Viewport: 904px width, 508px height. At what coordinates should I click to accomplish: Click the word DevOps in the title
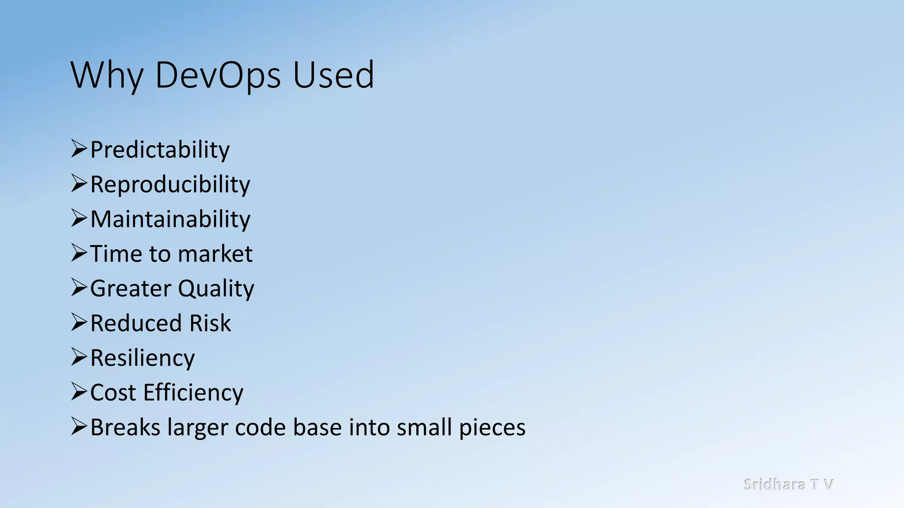pos(218,75)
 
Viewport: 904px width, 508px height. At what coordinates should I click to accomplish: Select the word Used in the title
pos(333,75)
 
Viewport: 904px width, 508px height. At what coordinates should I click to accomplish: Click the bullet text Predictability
pos(160,150)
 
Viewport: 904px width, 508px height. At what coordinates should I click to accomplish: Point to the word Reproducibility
pos(170,185)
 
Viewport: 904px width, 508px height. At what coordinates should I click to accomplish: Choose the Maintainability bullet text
pos(170,219)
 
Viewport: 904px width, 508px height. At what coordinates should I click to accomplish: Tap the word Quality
pos(216,289)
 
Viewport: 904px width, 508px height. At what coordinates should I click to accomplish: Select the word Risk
pos(210,323)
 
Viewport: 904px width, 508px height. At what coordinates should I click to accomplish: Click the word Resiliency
pos(142,358)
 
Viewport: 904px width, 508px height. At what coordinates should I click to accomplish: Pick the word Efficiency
pos(193,393)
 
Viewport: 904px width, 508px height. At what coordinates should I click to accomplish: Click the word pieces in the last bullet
pos(492,428)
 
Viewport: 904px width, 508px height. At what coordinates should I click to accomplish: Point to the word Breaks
pos(125,427)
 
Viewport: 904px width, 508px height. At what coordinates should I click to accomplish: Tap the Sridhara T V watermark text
pos(788,484)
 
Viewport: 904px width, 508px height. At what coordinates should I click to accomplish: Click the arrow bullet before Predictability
pos(79,149)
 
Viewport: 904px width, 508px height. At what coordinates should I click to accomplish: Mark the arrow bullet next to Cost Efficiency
pos(79,392)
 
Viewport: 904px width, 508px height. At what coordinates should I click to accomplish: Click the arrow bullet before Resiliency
pos(79,357)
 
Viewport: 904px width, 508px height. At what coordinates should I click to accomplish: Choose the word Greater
pos(131,289)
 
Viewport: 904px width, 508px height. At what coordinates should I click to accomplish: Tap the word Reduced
pos(135,323)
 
